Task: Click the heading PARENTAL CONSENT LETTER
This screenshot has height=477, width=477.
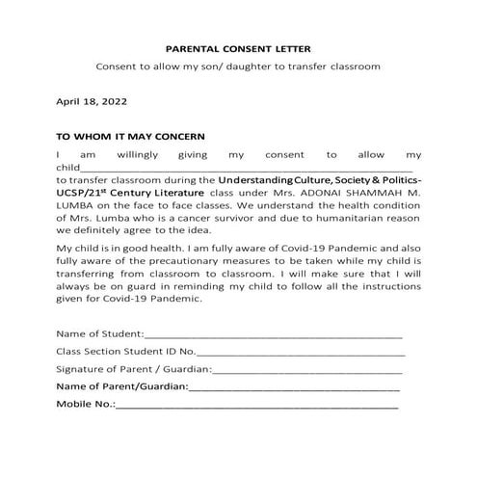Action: point(238,47)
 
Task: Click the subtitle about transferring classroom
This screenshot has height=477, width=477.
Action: point(238,66)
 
